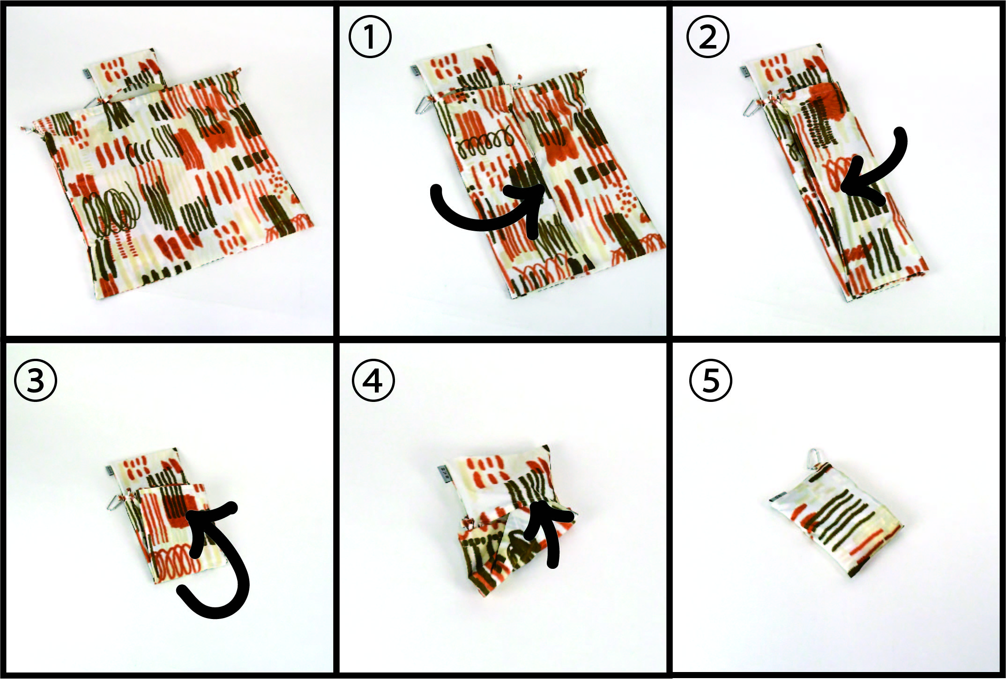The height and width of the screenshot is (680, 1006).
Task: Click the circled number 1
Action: click(370, 37)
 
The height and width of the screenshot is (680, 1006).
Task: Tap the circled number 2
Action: click(708, 37)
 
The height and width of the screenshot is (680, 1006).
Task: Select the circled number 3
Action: click(36, 380)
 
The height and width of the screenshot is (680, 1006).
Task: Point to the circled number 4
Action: click(373, 380)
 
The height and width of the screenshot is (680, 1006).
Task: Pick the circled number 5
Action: click(711, 380)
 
